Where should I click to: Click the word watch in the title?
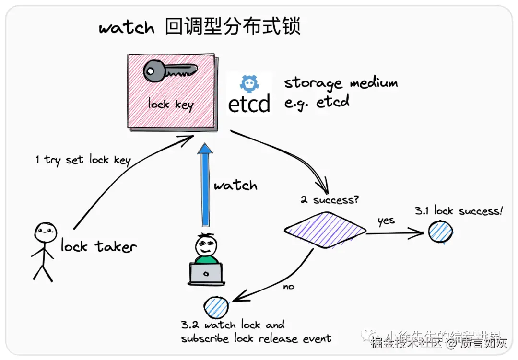tap(127, 27)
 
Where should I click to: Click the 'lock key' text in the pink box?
tap(170, 104)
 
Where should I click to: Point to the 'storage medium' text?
tap(341, 83)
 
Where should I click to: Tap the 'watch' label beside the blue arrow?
tap(235, 186)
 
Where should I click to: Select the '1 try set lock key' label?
tap(83, 160)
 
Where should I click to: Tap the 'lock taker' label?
tap(98, 246)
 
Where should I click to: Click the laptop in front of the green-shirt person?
tap(206, 274)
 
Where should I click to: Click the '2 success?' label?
tap(329, 200)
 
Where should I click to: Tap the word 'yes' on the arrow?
tap(386, 221)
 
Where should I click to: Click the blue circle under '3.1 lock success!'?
tap(440, 232)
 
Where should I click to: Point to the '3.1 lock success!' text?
tap(459, 211)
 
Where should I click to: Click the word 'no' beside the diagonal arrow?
tap(289, 286)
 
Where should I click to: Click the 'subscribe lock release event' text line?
tap(256, 338)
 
